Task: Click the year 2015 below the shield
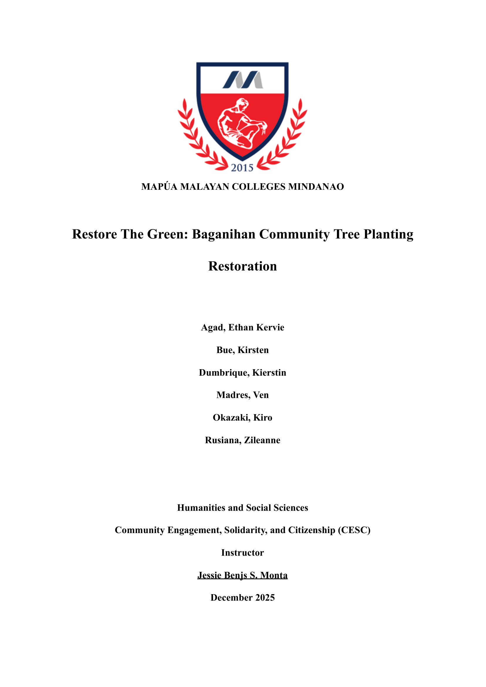point(242,168)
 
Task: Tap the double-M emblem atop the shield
point(243,80)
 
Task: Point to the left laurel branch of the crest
point(198,138)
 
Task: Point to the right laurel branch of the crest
point(287,138)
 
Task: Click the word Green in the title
point(167,234)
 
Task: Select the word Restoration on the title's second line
point(243,266)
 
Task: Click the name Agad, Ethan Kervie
point(243,327)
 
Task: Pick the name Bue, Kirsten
point(243,350)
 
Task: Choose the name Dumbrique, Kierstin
point(243,372)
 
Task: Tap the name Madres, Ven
point(243,395)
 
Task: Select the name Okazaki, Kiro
point(243,417)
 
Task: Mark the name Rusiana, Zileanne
point(243,440)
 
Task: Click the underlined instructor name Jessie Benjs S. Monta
point(243,575)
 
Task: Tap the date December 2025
point(243,598)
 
